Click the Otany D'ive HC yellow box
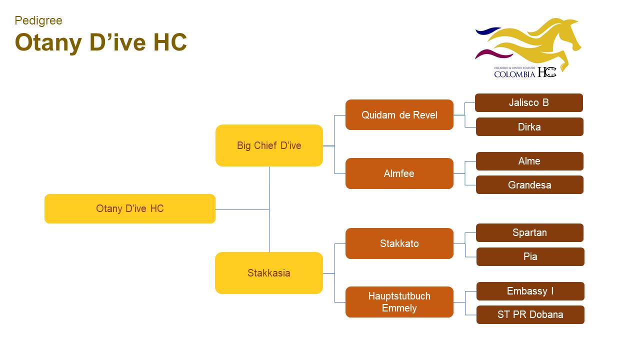coord(130,208)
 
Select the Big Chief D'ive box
coord(269,145)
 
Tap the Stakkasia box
coord(269,273)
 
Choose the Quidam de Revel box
coord(399,115)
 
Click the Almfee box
coord(399,173)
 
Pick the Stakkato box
coord(399,243)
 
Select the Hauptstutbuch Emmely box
coord(399,302)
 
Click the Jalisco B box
coord(529,102)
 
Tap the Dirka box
coord(529,127)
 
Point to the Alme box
coord(529,161)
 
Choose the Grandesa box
coord(529,185)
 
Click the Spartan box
coord(529,232)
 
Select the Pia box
coord(530,256)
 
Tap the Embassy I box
coord(530,291)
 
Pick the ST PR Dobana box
coord(530,314)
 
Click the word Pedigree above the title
coord(38,20)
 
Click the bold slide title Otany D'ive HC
coord(100,42)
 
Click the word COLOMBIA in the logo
coord(514,74)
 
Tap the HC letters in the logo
coord(547,72)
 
